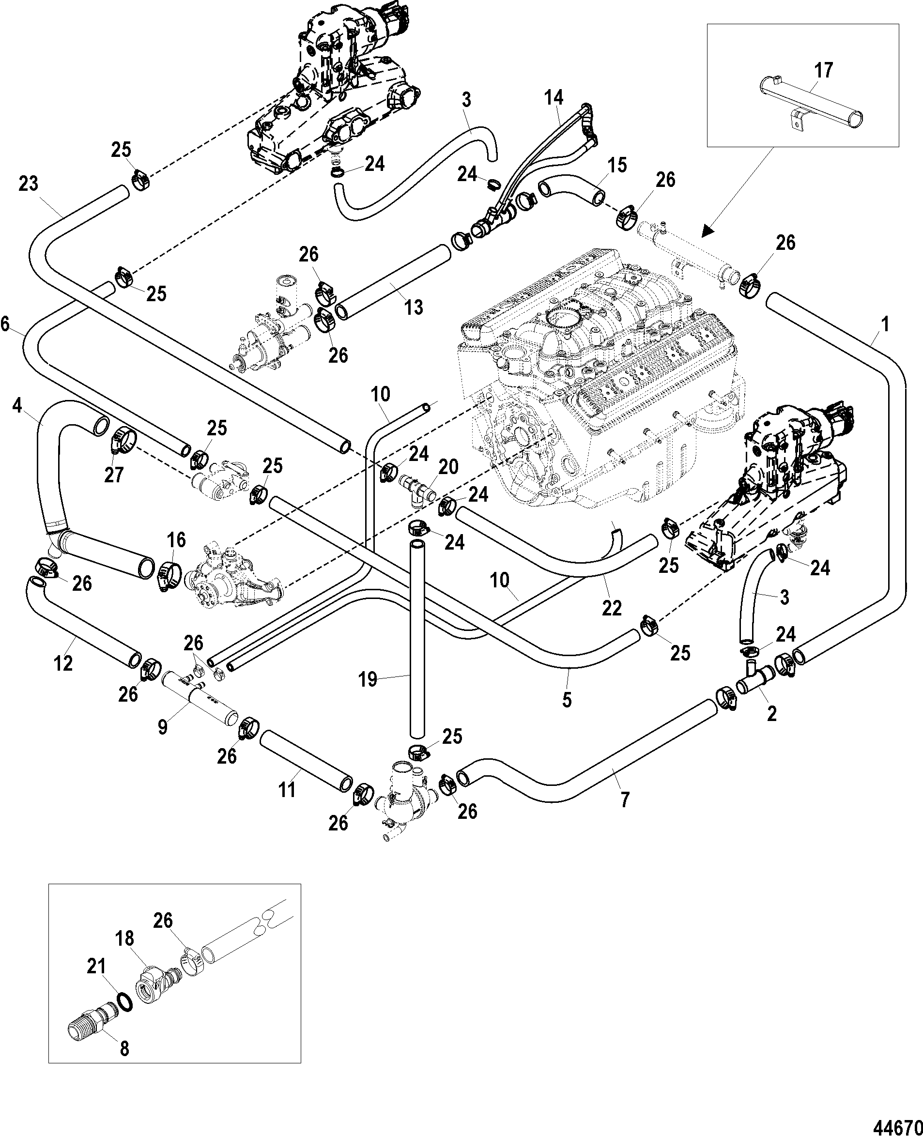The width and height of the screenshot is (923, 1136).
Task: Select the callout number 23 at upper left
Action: [28, 184]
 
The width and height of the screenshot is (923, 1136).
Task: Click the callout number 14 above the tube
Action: [553, 98]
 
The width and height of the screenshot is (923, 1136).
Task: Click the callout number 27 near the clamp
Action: [113, 475]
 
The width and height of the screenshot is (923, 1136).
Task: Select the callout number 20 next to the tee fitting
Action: [448, 467]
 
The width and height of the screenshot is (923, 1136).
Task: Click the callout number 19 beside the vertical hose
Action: [368, 679]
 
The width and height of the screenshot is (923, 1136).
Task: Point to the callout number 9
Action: [163, 726]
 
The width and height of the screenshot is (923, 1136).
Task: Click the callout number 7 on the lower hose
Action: [625, 799]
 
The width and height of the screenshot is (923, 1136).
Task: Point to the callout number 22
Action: [612, 608]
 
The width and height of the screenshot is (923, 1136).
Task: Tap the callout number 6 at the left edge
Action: [5, 324]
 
